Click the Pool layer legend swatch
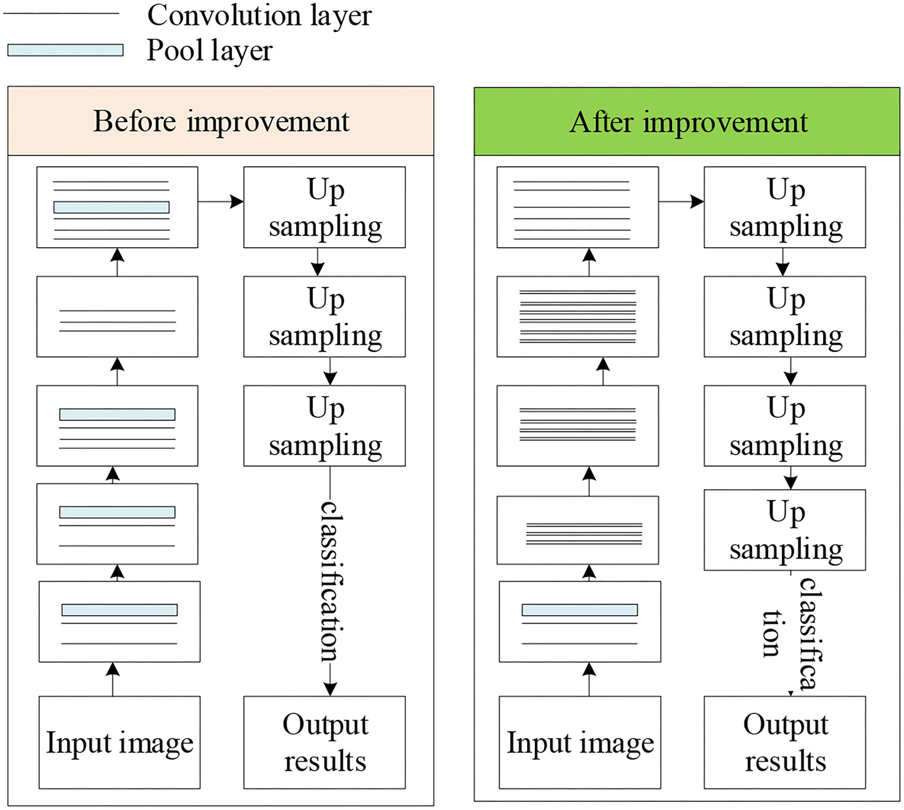(65, 50)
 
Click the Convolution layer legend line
(61, 13)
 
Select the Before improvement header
(220, 121)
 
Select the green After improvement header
(687, 122)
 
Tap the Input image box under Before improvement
(119, 742)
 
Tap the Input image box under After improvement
(580, 742)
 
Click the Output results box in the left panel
(324, 742)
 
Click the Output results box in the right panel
(785, 742)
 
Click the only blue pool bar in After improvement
(580, 609)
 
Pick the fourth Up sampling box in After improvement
(785, 530)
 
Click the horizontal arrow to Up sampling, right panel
(681, 202)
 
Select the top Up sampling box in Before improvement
(324, 207)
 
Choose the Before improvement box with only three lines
(117, 316)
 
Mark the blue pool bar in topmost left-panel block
(111, 207)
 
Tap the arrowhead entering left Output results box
(330, 689)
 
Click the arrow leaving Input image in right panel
(589, 679)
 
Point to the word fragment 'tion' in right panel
(771, 633)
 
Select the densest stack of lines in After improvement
(577, 316)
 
